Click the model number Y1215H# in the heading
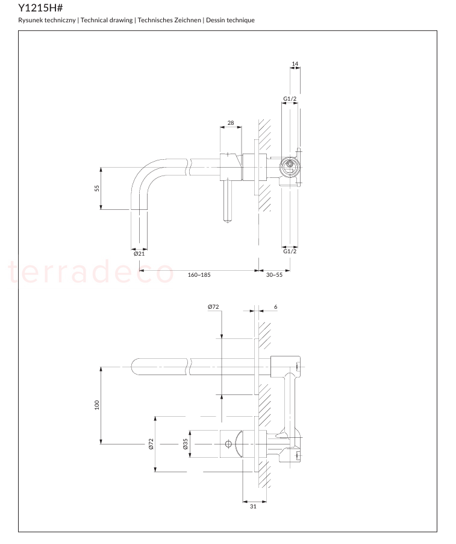click(40, 8)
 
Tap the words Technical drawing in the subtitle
click(107, 20)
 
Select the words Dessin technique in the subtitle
click(230, 20)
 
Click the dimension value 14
click(295, 64)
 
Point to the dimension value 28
click(231, 123)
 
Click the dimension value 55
click(97, 188)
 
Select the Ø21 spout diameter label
click(139, 254)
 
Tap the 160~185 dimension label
click(199, 275)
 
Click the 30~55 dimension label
click(274, 275)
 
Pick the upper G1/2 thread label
click(290, 99)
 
